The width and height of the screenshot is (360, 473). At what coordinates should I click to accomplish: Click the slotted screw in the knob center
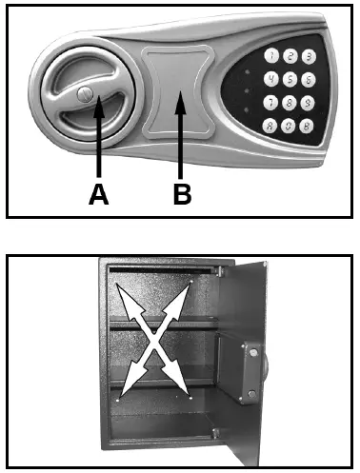[x=87, y=94]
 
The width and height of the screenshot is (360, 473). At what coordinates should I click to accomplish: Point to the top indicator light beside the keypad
[x=246, y=73]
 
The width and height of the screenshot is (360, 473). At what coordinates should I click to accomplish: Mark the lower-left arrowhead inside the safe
[x=120, y=391]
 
